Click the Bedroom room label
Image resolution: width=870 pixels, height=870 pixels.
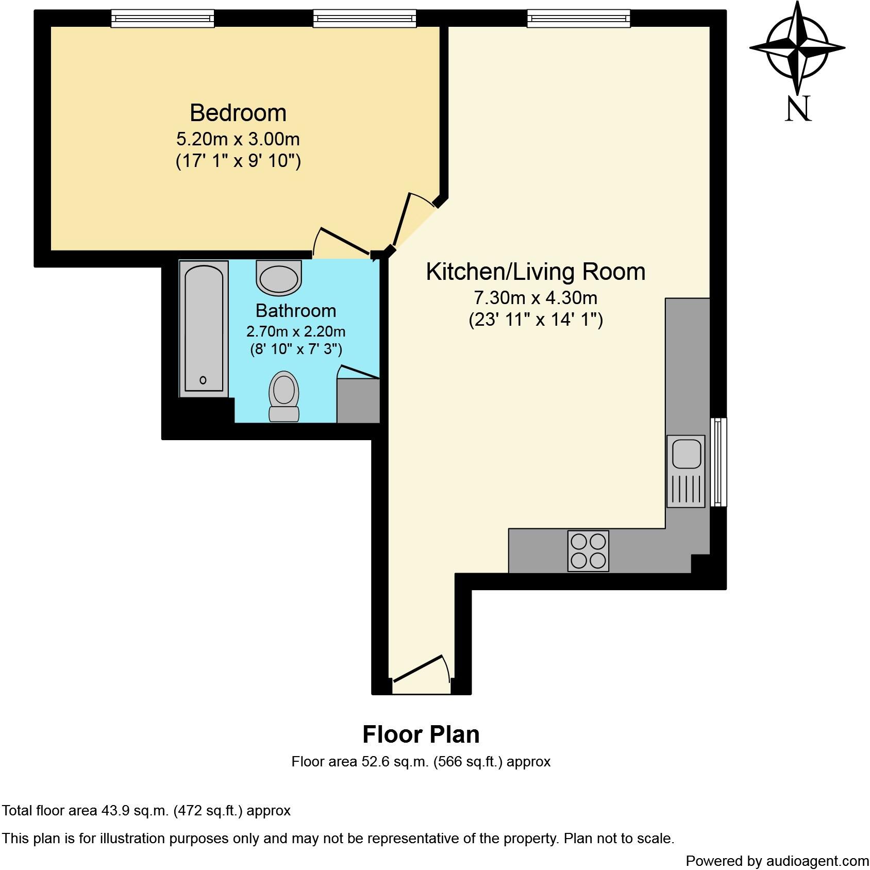[238, 113]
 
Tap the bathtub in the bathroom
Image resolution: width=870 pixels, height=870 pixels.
[204, 328]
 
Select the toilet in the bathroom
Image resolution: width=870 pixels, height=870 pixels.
[283, 396]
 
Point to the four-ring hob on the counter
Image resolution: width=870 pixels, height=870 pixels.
[588, 551]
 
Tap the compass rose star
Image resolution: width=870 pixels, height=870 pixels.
[797, 47]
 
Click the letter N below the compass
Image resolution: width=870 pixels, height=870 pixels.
[798, 109]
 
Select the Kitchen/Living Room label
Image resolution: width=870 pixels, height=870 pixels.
[536, 272]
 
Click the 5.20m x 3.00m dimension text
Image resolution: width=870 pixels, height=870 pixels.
[238, 139]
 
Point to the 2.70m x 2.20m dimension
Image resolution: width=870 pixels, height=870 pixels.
[296, 331]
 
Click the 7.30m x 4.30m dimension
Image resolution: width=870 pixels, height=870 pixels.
[536, 298]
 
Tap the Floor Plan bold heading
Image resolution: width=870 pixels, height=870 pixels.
[421, 734]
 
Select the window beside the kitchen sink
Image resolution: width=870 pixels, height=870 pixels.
[718, 462]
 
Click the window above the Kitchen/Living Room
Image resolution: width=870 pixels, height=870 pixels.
[578, 19]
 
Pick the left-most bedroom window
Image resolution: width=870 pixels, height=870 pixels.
[162, 19]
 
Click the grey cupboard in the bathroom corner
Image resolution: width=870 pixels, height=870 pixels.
[358, 401]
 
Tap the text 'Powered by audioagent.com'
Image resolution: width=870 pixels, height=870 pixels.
[777, 861]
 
